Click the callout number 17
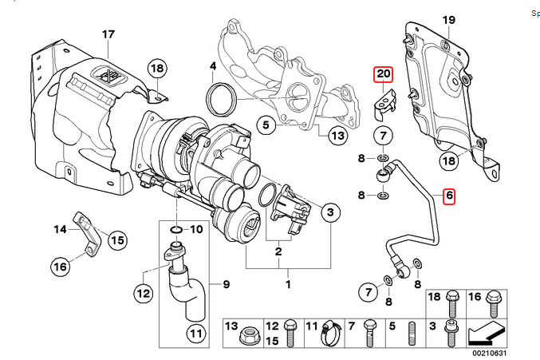pos(108,34)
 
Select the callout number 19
pos(448,19)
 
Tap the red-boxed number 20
pos(383,74)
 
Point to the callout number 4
pos(213,65)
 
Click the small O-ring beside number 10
pos(175,231)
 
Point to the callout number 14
pos(61,230)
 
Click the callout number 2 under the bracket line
pos(278,252)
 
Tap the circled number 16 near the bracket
pos(61,267)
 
